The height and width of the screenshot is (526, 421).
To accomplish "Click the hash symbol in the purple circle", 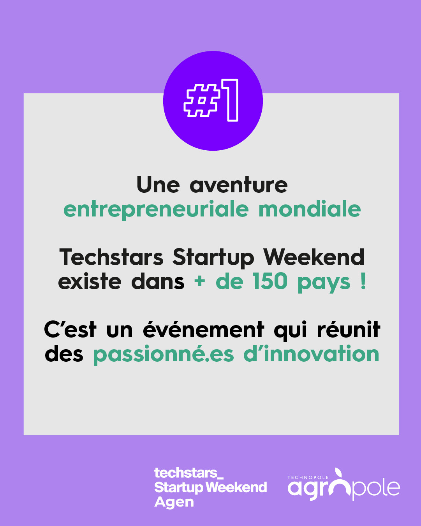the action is click(x=201, y=100).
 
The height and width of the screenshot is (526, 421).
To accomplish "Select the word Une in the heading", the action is click(x=158, y=185).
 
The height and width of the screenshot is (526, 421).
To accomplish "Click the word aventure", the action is click(x=239, y=185).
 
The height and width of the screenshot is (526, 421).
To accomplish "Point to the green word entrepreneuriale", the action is click(x=156, y=210).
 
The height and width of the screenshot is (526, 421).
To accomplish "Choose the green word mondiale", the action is click(x=310, y=209).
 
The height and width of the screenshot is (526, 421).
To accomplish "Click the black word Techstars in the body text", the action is click(x=111, y=257).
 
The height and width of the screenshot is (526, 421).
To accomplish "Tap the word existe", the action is click(x=90, y=282).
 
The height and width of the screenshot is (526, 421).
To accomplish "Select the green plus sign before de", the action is click(x=199, y=281).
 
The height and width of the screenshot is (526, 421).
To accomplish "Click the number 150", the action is click(x=270, y=281).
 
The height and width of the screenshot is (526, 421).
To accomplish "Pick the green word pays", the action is click(x=324, y=283).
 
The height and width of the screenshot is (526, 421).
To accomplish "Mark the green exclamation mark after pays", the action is click(x=363, y=281).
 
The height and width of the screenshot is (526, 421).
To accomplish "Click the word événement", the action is click(x=204, y=329).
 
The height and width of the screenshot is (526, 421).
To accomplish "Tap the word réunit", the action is click(x=349, y=329).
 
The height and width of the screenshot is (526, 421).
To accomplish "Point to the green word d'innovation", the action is click(x=311, y=353).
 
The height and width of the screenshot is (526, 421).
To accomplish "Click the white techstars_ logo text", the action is click(x=189, y=473).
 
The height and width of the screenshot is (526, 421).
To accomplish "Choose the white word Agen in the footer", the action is click(x=174, y=502).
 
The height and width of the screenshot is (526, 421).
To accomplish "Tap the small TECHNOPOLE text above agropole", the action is click(x=308, y=477).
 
